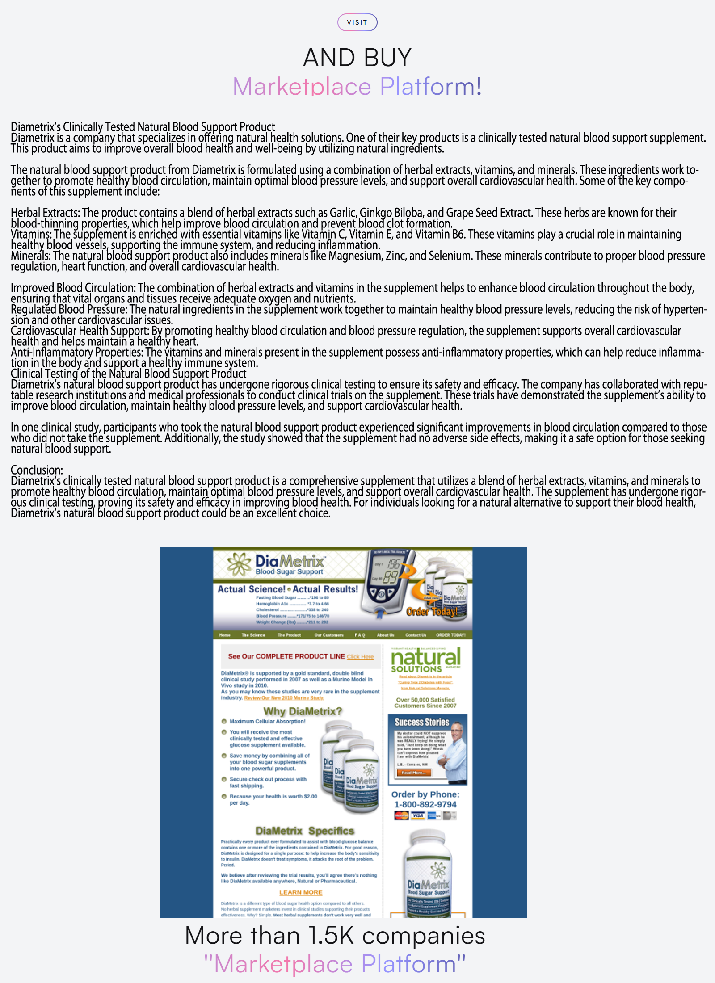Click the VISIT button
click(357, 22)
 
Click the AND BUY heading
click(357, 58)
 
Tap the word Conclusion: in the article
click(37, 470)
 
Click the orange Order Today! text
click(432, 611)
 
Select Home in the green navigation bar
click(225, 635)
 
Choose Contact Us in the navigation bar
click(416, 635)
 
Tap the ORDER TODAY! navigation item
click(450, 635)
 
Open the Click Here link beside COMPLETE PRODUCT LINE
click(360, 657)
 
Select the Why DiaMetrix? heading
click(303, 711)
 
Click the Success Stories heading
click(421, 722)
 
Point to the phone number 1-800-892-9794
click(425, 804)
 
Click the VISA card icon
click(417, 815)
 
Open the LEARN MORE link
click(301, 892)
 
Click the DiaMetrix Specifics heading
click(305, 831)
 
